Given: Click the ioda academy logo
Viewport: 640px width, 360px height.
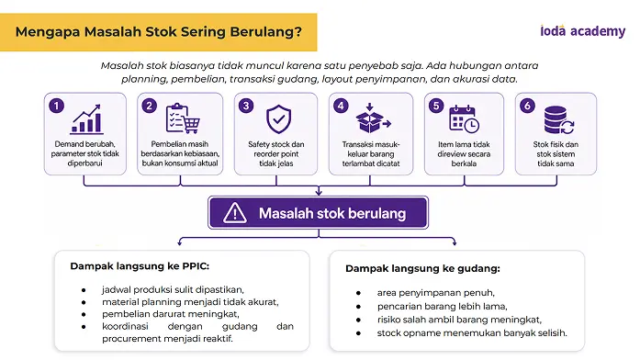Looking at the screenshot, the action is click(x=582, y=31).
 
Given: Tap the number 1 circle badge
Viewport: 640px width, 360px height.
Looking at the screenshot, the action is click(x=56, y=107).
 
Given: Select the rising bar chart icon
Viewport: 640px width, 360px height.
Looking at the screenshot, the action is click(x=86, y=119).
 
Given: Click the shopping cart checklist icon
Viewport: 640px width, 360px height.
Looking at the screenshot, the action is click(x=183, y=118).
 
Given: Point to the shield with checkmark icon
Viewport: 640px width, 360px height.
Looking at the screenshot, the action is click(x=278, y=119).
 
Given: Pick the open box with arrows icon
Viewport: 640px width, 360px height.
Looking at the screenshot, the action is click(x=373, y=118).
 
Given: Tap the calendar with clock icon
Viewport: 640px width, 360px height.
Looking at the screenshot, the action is click(x=464, y=119).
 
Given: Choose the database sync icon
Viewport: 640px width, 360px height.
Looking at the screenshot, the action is click(x=559, y=120).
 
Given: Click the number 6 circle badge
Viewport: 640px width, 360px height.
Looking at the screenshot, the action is click(x=527, y=107).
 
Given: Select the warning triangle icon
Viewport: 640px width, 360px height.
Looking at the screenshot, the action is click(x=235, y=213).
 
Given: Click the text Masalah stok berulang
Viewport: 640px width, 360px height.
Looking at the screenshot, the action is click(x=332, y=213).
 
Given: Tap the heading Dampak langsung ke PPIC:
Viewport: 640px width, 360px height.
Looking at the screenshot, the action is click(x=140, y=266).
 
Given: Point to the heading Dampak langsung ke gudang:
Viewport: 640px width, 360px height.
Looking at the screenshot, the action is click(x=422, y=268).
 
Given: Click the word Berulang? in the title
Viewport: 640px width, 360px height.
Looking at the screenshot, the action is click(x=265, y=32).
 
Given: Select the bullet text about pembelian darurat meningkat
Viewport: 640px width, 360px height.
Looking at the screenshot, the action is click(x=171, y=314).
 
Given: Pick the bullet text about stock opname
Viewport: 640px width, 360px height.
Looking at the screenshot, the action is click(x=472, y=333).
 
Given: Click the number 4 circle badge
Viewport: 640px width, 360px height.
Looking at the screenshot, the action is click(x=341, y=107).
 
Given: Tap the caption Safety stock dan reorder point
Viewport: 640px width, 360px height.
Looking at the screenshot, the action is click(x=276, y=149).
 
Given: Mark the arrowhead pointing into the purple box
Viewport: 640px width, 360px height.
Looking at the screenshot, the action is click(x=319, y=192).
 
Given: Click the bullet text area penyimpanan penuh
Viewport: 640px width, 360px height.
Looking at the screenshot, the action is click(x=436, y=293).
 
